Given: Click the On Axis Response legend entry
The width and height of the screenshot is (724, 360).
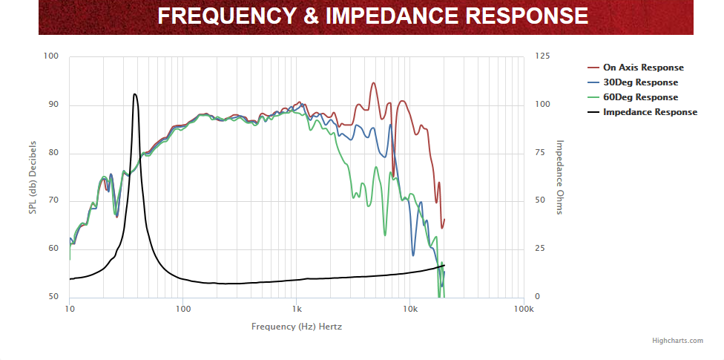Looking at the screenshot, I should pos(642,68).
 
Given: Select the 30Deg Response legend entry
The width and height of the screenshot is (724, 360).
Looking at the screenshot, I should pos(639,82).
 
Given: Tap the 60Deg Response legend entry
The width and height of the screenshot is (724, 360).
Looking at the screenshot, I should pos(639,97).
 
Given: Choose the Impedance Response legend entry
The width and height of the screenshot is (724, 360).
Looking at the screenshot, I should pos(649,112).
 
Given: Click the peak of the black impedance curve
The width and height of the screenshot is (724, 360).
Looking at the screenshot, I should pos(134,94).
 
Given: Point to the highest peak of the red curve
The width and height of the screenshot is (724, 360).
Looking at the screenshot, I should pos(373,83).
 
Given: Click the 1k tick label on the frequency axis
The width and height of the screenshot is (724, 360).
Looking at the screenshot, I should pos(297,309).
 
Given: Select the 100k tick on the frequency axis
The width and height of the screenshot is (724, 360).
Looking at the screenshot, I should pos(523,309).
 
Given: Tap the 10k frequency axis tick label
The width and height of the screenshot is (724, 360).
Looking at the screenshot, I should pos(409,309).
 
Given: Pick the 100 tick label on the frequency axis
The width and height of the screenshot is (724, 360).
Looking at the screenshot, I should pos(183,309).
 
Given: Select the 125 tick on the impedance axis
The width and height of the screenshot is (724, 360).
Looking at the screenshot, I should pos(543,56).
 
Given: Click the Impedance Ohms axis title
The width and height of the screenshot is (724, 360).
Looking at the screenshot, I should pos(560,177).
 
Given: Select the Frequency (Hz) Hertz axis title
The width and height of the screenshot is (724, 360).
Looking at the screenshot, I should pos(297,327).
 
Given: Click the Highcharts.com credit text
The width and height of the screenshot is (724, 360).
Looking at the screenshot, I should pos(677,341).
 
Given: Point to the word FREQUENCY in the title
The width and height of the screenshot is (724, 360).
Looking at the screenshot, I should pos(225,16).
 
